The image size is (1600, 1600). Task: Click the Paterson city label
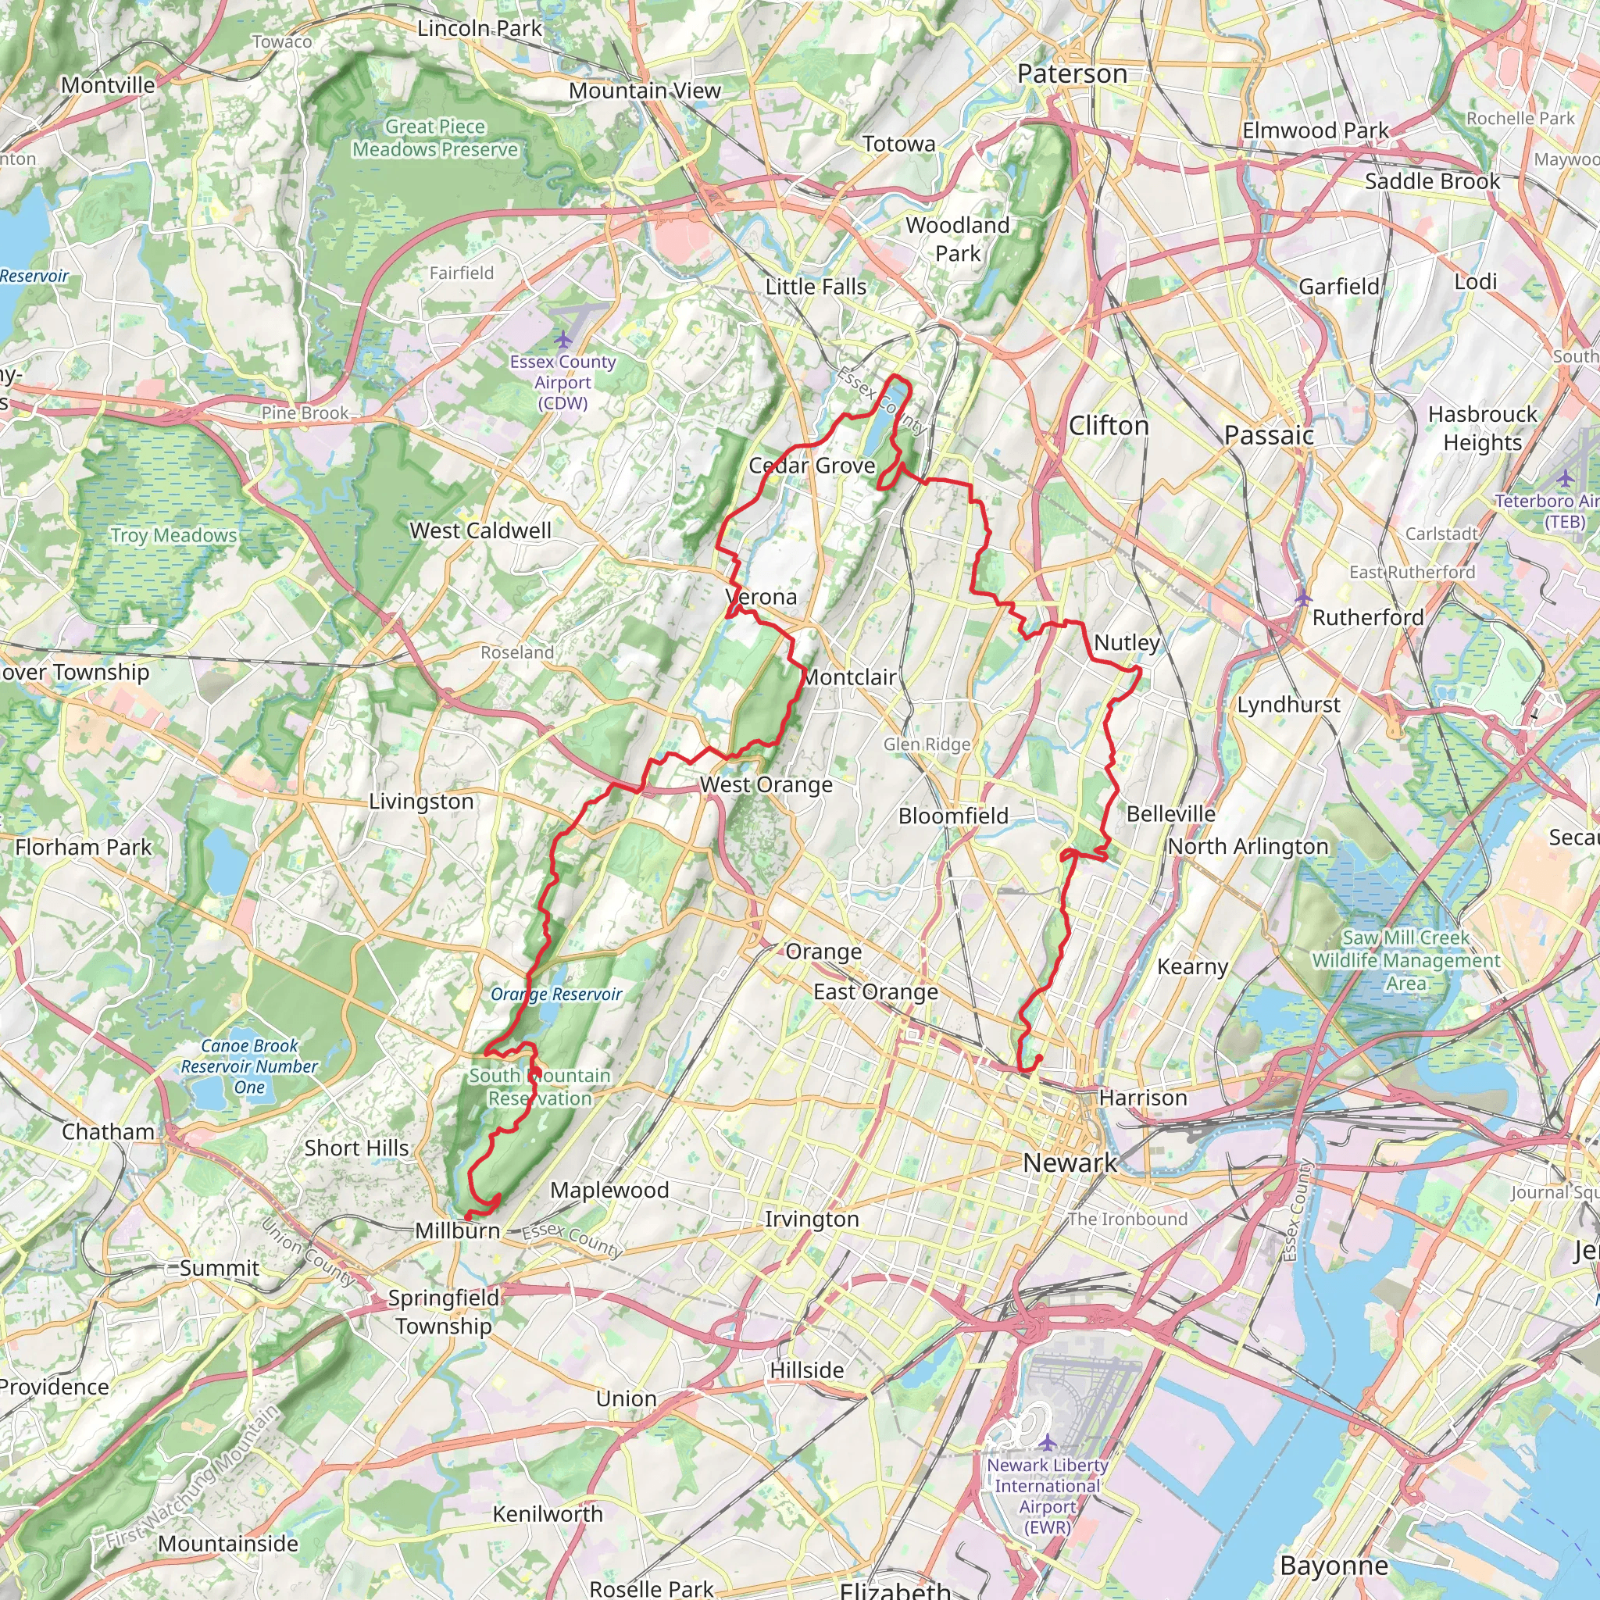(x=1072, y=73)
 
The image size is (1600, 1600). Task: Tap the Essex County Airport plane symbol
(x=563, y=339)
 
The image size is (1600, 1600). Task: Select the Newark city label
(x=1070, y=1162)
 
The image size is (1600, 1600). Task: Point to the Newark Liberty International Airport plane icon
(x=1048, y=1444)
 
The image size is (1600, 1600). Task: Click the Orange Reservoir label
(x=555, y=994)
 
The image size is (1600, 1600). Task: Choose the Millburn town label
(x=457, y=1230)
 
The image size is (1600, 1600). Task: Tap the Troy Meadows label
(x=174, y=535)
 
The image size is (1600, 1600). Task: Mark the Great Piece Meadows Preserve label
(x=435, y=138)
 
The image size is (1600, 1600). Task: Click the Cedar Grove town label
(x=812, y=466)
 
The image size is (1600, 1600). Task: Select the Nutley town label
(x=1127, y=643)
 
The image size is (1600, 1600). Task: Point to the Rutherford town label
(x=1368, y=617)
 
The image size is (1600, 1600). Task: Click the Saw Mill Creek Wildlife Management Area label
(x=1406, y=961)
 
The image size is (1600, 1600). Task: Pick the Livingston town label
(x=421, y=801)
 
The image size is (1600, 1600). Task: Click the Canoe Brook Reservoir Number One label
(x=249, y=1066)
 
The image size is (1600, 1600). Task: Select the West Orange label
(x=766, y=784)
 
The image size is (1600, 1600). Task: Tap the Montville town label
(x=108, y=85)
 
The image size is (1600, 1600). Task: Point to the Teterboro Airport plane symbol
(x=1564, y=478)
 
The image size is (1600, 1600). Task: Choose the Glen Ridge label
(x=926, y=744)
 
